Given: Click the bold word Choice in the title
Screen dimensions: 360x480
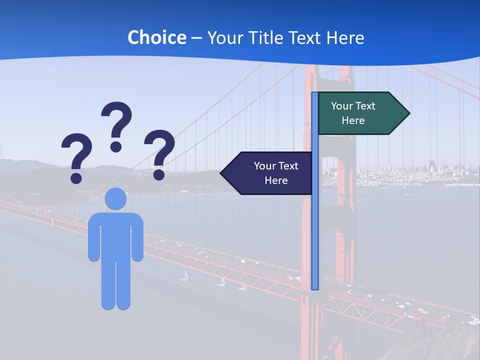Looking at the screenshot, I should (x=156, y=37).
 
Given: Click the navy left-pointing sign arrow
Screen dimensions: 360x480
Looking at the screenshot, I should (x=267, y=173).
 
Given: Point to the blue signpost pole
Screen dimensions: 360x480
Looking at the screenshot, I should (x=314, y=225).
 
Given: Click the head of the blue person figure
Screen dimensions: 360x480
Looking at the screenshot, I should (x=115, y=198).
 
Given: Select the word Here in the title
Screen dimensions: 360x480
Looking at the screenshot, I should (x=345, y=37).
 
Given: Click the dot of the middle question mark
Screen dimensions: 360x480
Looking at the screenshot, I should (x=116, y=146).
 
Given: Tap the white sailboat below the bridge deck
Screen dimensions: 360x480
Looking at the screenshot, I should (x=185, y=275).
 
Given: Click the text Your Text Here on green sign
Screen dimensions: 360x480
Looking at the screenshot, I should (x=353, y=113).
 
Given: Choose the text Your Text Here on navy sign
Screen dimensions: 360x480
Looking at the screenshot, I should (x=276, y=173).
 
